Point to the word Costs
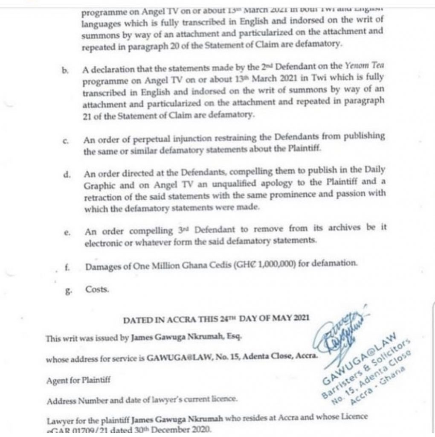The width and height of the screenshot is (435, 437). pos(98,289)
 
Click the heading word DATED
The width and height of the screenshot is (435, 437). pos(136,319)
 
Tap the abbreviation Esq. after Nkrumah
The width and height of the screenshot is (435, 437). pos(234,337)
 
